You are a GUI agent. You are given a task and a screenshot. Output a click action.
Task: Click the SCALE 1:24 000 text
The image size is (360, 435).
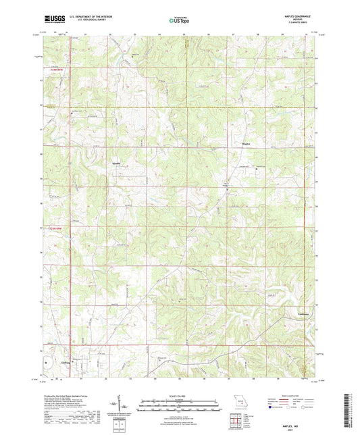179,395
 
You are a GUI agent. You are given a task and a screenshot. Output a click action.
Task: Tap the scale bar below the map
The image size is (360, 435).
179,402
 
